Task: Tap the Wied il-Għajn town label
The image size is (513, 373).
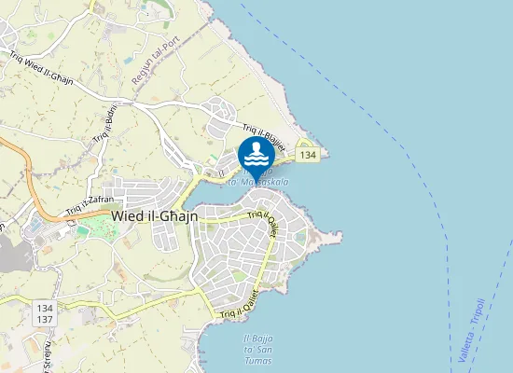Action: [x=154, y=215]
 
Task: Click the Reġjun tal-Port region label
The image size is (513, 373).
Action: [x=155, y=62]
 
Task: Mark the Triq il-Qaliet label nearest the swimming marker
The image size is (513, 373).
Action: [x=264, y=222]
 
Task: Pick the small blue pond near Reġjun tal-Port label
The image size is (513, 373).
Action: [x=129, y=61]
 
